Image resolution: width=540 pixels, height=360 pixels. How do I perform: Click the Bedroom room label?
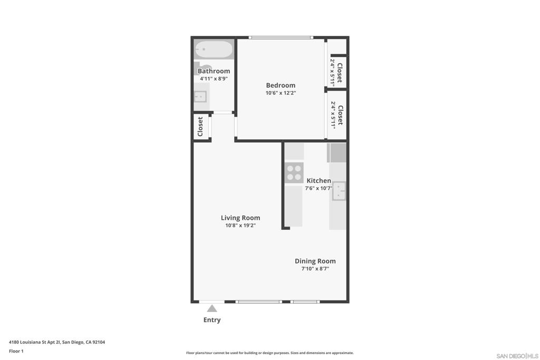pos(281,85)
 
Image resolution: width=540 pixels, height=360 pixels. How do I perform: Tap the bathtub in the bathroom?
pos(214,49)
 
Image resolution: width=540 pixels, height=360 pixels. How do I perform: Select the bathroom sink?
pos(200,96)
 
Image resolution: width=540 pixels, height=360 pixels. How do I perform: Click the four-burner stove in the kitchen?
pos(294,172)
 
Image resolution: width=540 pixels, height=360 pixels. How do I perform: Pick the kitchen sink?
pos(339,191)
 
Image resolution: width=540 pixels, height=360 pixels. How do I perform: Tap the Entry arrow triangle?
pos(212,308)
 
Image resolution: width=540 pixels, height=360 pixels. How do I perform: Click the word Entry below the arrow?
pos(212,320)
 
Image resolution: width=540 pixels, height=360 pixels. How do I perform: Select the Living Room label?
pos(240,218)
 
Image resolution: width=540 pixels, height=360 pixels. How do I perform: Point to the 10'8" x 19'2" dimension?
pos(240,226)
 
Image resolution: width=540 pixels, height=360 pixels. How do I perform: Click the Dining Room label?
pos(315,261)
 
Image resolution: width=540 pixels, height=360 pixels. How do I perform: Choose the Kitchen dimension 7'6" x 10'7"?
pos(319,188)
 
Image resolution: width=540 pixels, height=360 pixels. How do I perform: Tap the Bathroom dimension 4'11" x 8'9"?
pos(214,79)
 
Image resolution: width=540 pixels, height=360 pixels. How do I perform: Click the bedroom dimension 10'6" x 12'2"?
pos(281,93)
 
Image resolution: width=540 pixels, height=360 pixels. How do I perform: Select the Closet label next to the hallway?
pos(200,127)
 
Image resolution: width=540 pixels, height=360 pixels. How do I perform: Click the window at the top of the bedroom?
pos(281,37)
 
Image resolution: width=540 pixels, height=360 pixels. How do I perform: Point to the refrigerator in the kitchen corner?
pos(336,153)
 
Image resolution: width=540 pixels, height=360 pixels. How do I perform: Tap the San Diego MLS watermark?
pos(517,356)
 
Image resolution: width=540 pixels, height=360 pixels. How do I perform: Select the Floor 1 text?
pos(16,351)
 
